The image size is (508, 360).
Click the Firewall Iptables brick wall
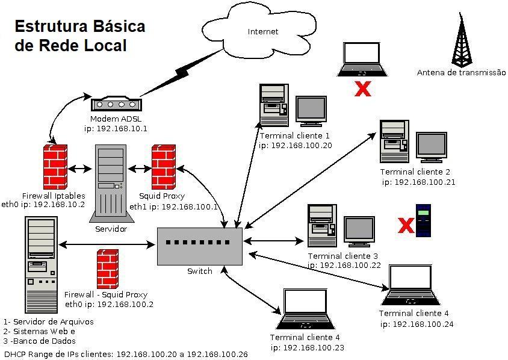click(55, 167)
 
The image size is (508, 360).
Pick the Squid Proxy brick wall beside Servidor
click(163, 167)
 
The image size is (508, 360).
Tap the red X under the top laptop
click(362, 89)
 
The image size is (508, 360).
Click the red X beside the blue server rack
click(407, 226)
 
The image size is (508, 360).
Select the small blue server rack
click(424, 220)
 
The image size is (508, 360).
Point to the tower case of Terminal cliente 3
click(323, 226)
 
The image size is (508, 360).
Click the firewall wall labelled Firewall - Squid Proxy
click(107, 269)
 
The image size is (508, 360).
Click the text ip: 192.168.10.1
click(116, 128)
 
